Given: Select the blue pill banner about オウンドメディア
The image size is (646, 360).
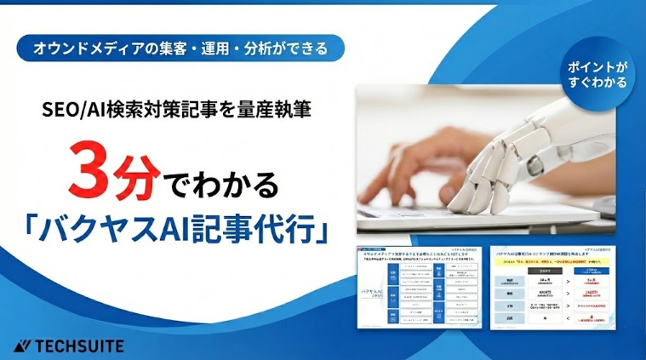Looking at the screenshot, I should pyautogui.click(x=180, y=47).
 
